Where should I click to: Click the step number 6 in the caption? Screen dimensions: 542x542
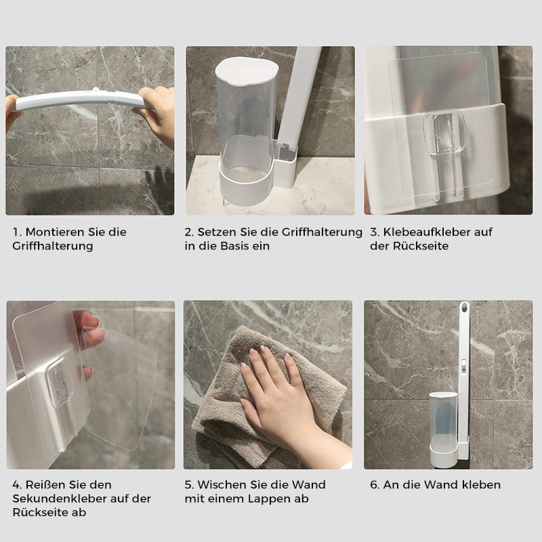pyautogui.click(x=373, y=484)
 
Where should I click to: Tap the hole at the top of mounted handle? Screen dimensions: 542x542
pyautogui.click(x=464, y=310)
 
